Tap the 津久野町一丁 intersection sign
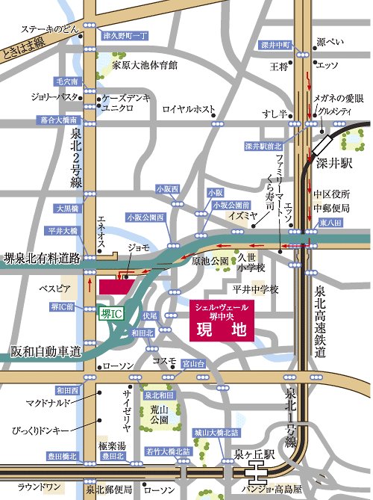(125, 35)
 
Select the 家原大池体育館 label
(145, 65)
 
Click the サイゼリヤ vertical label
(127, 413)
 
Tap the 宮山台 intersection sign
(192, 363)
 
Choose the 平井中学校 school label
(254, 288)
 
